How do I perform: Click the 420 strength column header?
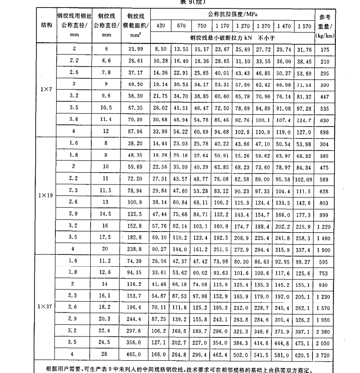point(160,26)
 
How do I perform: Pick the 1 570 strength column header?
point(305,26)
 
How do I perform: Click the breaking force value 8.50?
point(160,50)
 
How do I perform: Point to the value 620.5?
point(305,353)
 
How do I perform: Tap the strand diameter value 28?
point(104,353)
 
